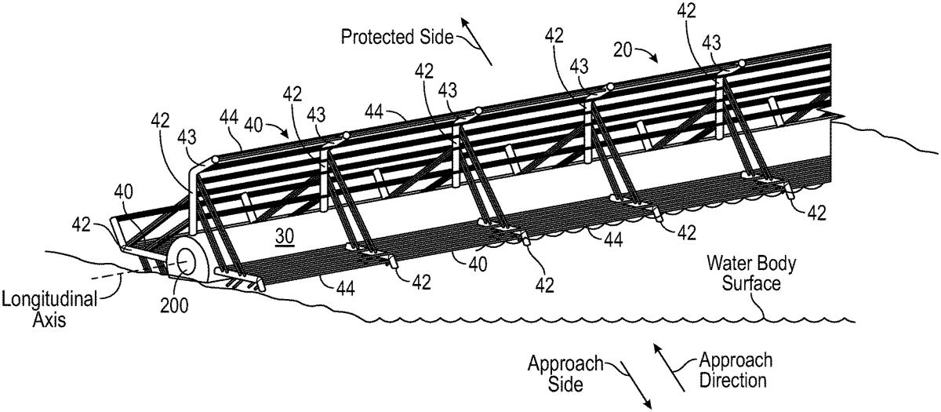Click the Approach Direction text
tap(735, 371)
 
